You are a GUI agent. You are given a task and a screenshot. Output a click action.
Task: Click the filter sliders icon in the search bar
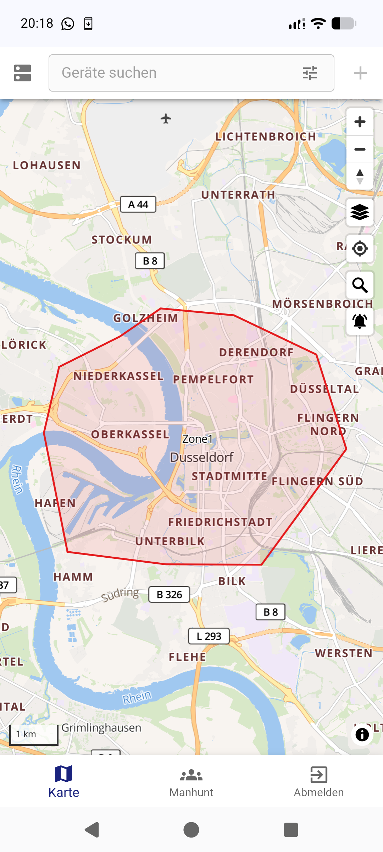[310, 73]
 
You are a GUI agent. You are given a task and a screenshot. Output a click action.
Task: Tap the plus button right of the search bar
[360, 73]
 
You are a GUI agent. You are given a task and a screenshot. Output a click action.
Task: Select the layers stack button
[360, 212]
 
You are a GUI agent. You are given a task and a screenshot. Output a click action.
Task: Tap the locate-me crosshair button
[360, 248]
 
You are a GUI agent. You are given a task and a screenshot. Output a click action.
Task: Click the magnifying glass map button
[360, 285]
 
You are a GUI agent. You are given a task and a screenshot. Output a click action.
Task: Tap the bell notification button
[360, 321]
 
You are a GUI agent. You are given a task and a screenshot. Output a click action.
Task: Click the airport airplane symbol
[166, 119]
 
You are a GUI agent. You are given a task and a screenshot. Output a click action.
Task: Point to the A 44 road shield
[138, 204]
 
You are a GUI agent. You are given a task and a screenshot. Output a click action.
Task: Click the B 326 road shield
[169, 595]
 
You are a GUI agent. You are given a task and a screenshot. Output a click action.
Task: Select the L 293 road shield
[209, 636]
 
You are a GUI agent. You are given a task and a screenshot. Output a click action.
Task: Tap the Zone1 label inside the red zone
[197, 439]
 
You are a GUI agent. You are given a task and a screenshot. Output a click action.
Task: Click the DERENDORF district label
[256, 352]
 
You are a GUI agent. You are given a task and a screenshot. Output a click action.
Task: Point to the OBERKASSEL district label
[130, 434]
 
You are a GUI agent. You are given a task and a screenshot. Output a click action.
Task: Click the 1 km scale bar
[34, 734]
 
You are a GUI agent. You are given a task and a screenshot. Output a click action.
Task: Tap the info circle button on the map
[362, 734]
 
